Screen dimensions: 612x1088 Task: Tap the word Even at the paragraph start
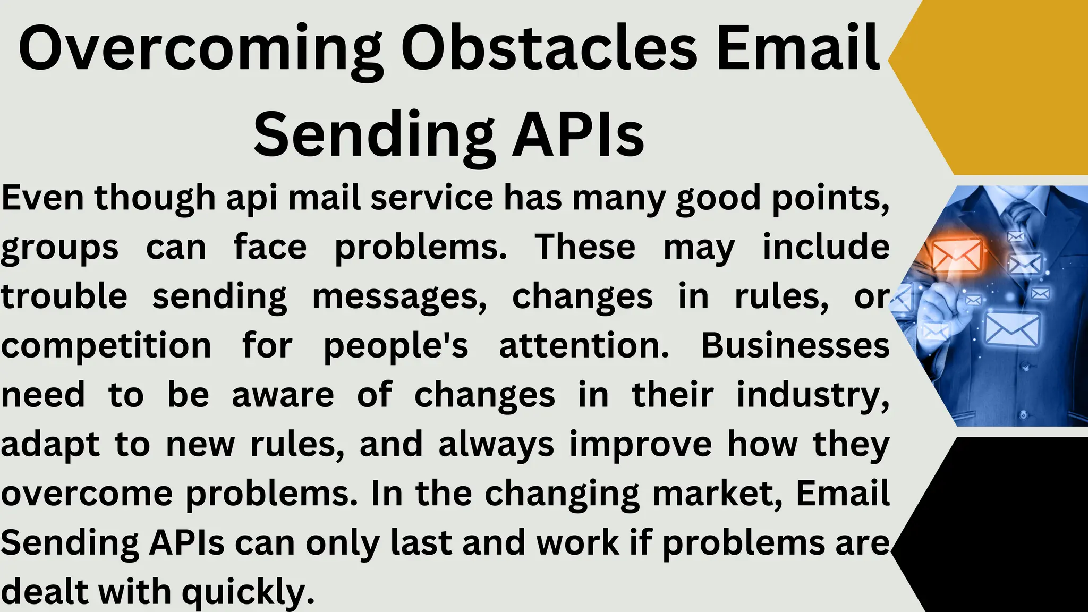[42, 198]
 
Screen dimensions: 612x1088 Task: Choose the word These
[585, 247]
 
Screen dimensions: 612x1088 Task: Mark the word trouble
[64, 296]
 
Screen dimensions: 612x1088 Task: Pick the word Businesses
[795, 346]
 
